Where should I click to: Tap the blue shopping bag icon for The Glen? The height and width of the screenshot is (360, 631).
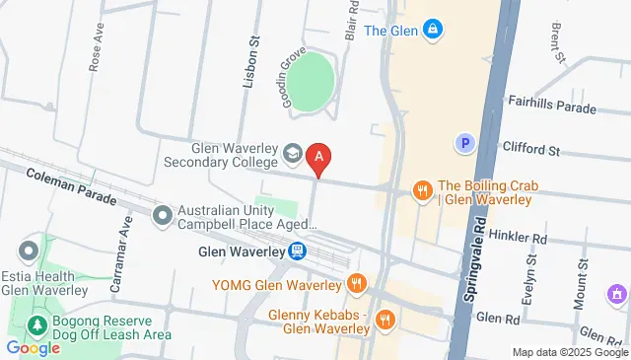tap(432, 31)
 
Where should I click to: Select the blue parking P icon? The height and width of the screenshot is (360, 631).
tap(463, 144)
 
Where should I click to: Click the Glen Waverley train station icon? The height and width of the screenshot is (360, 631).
tap(298, 252)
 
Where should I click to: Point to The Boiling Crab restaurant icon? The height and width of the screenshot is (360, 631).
tap(422, 190)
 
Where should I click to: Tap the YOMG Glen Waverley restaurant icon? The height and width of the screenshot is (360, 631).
tap(357, 286)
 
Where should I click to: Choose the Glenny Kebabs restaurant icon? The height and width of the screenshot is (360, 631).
tap(385, 319)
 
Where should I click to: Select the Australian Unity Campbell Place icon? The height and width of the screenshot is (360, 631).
tap(162, 215)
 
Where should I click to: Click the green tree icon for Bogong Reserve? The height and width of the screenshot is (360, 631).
tap(37, 324)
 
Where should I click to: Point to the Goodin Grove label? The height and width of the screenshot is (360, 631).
tap(289, 78)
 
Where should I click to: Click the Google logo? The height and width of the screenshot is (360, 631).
tap(33, 347)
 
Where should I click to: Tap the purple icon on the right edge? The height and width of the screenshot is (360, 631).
tap(617, 294)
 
